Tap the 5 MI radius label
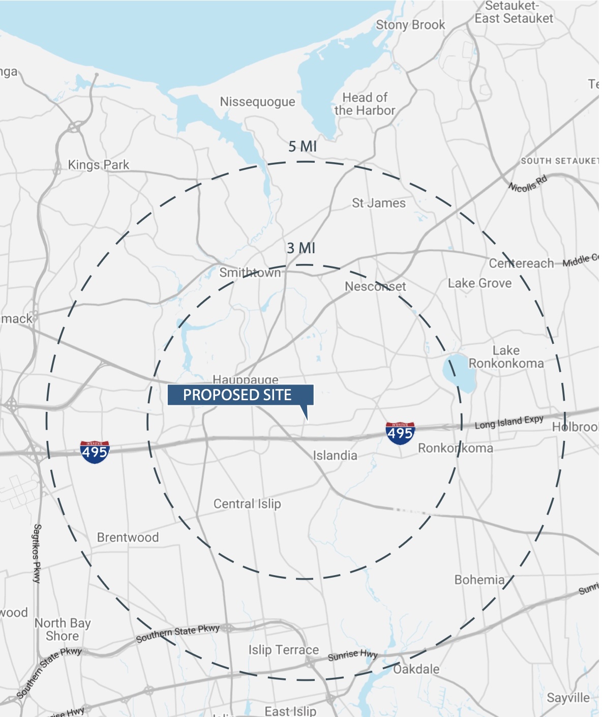click(303, 146)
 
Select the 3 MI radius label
click(301, 248)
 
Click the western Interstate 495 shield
click(95, 451)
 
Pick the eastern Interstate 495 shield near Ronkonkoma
click(400, 433)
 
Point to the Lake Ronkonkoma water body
click(459, 374)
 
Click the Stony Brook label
click(410, 25)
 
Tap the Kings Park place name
click(99, 165)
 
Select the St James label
click(379, 203)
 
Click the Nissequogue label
click(257, 102)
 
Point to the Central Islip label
click(247, 504)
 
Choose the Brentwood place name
click(128, 537)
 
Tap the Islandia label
click(335, 456)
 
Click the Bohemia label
click(479, 580)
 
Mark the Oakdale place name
click(416, 669)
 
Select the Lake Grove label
click(479, 283)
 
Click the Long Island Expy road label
click(509, 422)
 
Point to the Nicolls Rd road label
click(528, 184)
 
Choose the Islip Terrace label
click(284, 650)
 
